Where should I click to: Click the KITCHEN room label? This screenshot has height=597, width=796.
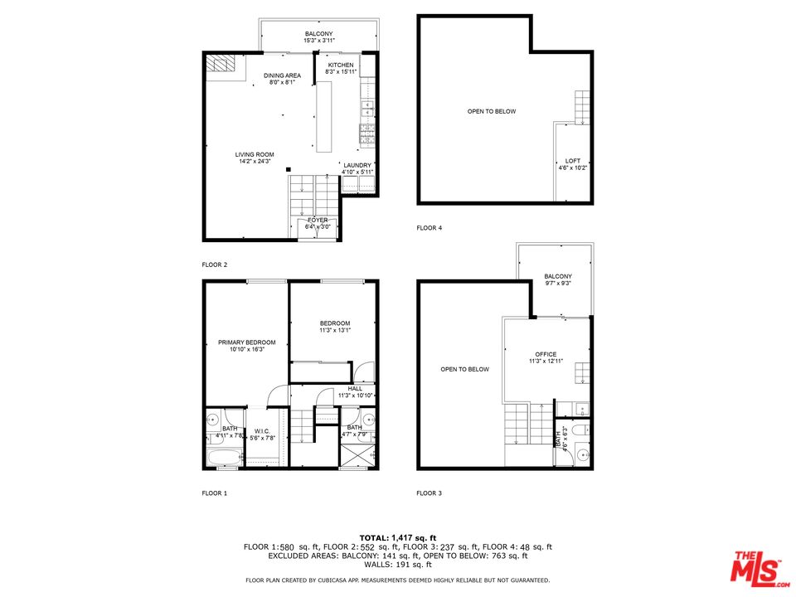coord(341,65)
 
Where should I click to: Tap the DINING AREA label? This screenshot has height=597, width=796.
coord(283,75)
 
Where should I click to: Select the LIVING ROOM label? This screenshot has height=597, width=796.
coord(255,154)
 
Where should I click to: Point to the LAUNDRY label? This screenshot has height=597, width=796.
coord(358,165)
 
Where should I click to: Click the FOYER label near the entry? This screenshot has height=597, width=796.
coord(318,220)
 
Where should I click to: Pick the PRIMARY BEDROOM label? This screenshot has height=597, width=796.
coord(246,342)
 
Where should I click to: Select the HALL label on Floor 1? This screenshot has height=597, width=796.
coord(355,388)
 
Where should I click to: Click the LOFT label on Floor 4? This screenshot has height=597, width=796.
coord(573,161)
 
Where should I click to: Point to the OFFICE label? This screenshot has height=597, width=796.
coord(546,354)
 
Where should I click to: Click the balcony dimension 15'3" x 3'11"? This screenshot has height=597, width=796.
coord(318,41)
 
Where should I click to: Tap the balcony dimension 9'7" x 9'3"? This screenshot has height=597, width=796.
coord(557,284)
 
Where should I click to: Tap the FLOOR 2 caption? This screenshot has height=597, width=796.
coord(215,265)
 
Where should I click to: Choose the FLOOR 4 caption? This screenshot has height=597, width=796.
coord(430,227)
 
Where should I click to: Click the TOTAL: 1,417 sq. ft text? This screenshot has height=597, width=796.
coord(397,538)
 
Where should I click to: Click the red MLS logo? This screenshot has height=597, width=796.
coord(757,567)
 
